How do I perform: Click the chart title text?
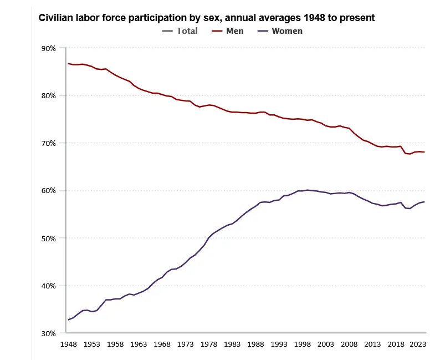(x=206, y=18)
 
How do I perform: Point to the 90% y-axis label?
(x=49, y=48)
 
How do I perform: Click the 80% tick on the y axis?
(x=49, y=96)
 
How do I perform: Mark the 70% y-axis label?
(x=49, y=143)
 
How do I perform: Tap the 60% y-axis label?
(x=49, y=191)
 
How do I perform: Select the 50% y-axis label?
(x=49, y=239)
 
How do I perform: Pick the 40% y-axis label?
(x=49, y=286)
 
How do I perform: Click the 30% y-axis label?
(x=49, y=333)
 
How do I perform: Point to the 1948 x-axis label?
(x=68, y=344)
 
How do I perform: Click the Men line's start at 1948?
(x=68, y=64)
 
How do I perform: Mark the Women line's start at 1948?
(x=68, y=320)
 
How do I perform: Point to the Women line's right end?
(x=424, y=202)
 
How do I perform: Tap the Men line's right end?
(x=424, y=152)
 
